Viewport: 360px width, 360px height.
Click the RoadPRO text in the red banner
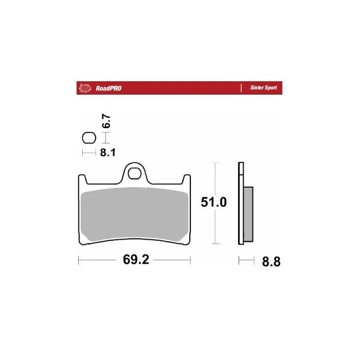(109, 88)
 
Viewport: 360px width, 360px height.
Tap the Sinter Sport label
(263, 88)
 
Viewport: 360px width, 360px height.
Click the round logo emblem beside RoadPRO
(85, 88)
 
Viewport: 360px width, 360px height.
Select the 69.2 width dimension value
(136, 260)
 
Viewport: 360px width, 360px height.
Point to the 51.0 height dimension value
(214, 202)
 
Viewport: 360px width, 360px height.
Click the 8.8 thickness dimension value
(271, 262)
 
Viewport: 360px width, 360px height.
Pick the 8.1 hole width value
(107, 152)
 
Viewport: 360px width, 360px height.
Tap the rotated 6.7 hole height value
(106, 121)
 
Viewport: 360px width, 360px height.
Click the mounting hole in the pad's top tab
(135, 174)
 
